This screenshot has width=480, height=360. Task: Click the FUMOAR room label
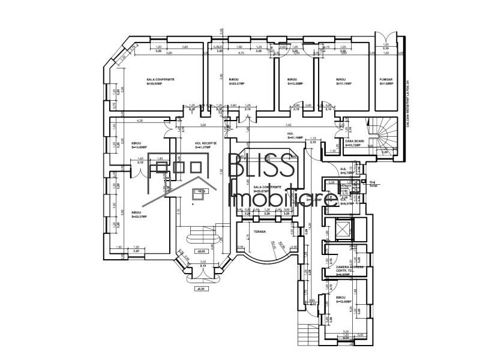point(386,82)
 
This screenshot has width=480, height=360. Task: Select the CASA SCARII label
point(355,143)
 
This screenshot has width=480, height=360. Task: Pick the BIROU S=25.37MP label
point(131,215)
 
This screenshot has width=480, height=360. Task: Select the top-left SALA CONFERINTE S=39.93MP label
point(160,82)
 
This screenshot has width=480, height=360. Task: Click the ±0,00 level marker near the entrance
point(200,251)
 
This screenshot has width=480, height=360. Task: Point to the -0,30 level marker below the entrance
point(200,289)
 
